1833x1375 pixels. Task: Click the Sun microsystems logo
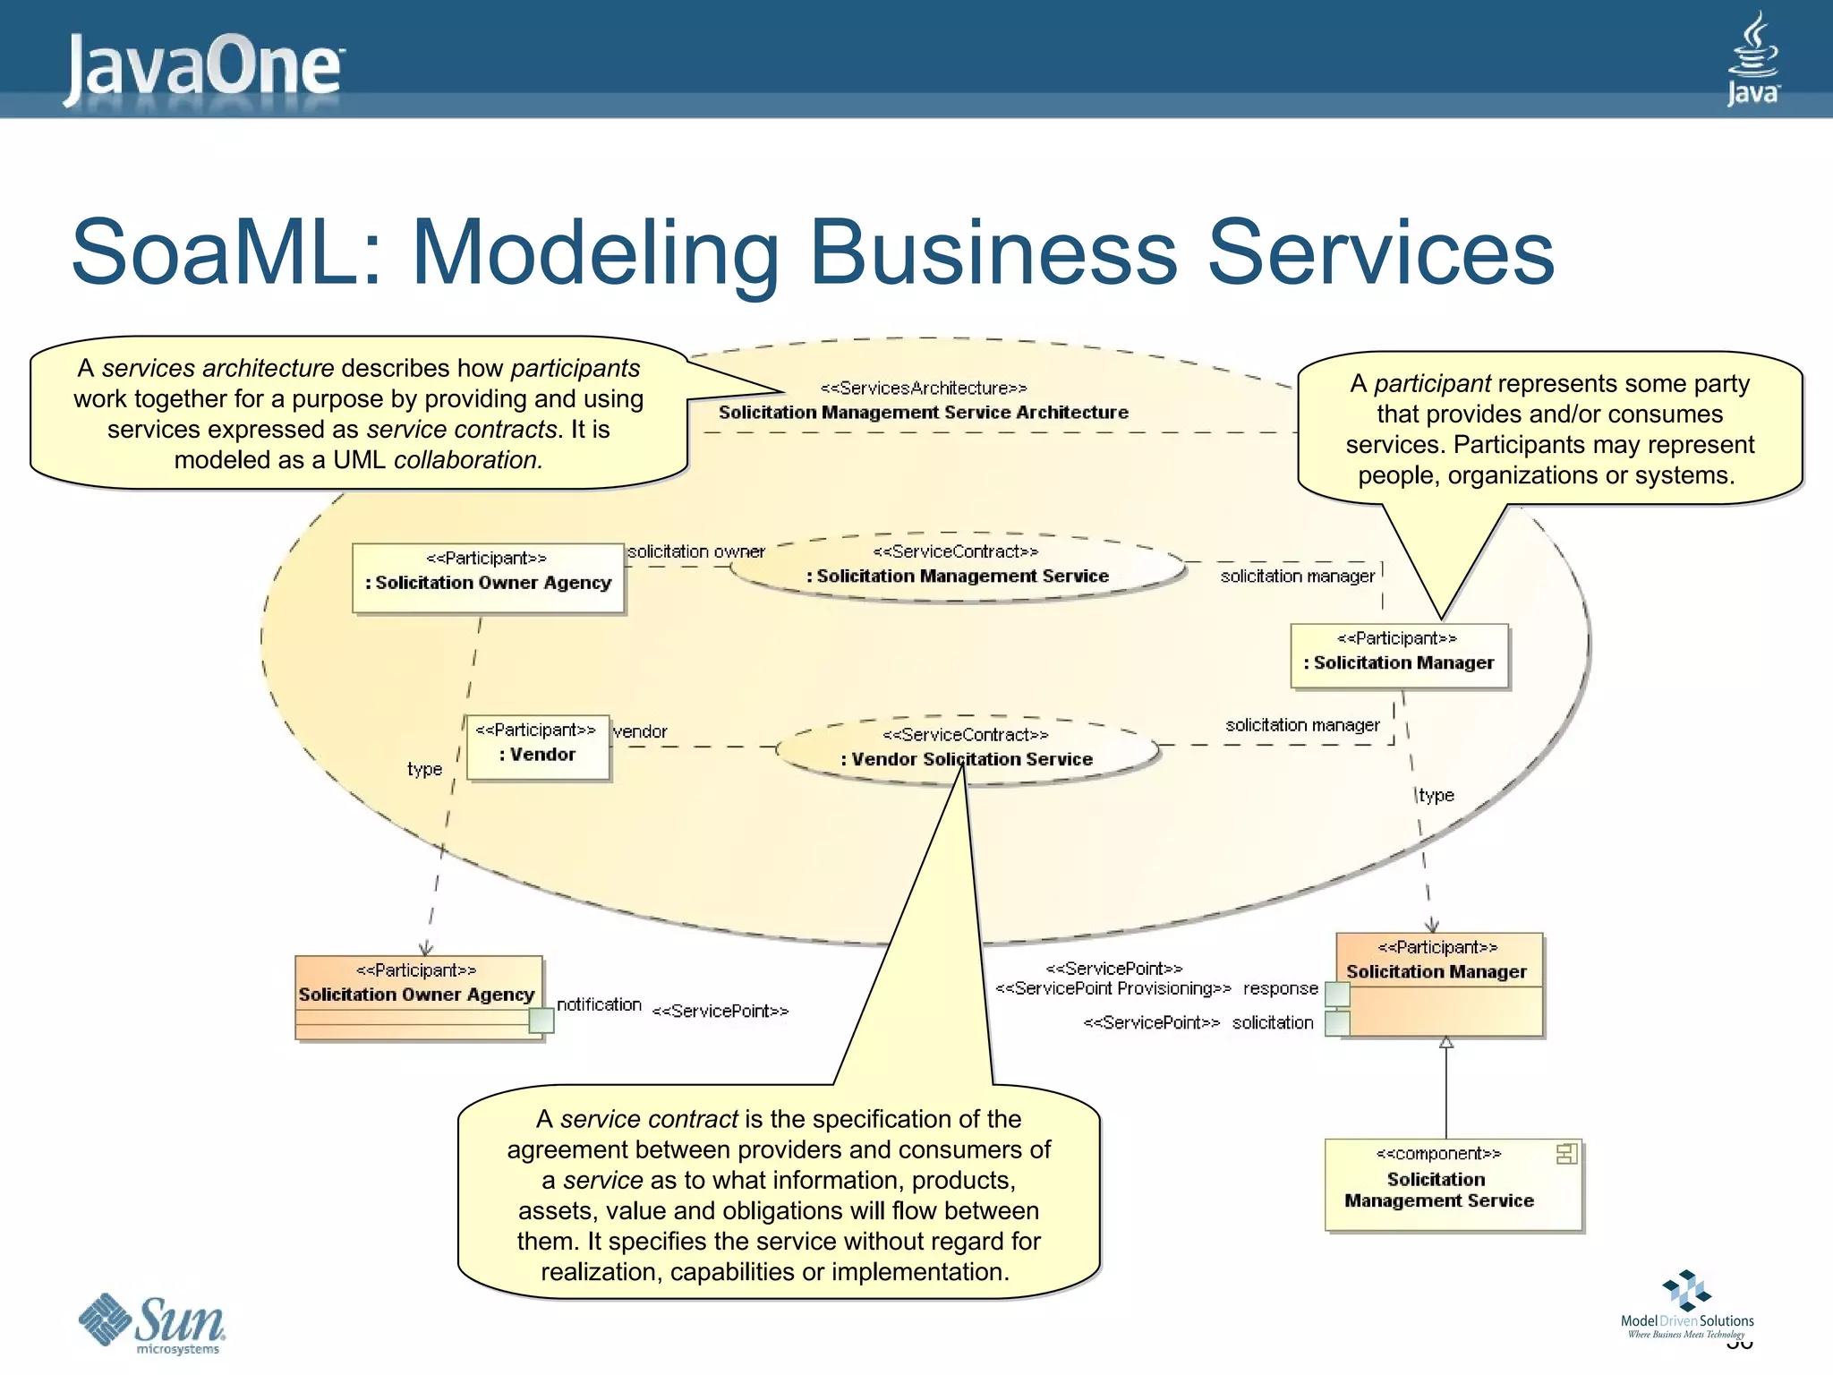point(152,1323)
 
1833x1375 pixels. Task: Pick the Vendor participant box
point(537,747)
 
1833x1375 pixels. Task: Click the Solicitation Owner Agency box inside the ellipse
point(488,577)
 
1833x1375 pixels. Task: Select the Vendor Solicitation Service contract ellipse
point(967,749)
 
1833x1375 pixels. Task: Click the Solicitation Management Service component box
point(1452,1185)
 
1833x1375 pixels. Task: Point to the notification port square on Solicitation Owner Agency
point(541,1021)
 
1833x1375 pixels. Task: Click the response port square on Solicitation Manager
point(1337,993)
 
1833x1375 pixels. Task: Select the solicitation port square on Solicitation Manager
point(1337,1023)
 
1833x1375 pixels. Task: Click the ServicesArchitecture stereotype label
point(924,389)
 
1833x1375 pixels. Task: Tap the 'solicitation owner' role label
point(695,552)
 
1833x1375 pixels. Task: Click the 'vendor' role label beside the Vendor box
point(640,731)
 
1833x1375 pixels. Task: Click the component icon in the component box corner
point(1566,1154)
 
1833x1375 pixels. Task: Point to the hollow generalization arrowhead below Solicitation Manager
point(1446,1042)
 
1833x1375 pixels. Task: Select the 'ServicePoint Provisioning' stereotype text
point(1113,988)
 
